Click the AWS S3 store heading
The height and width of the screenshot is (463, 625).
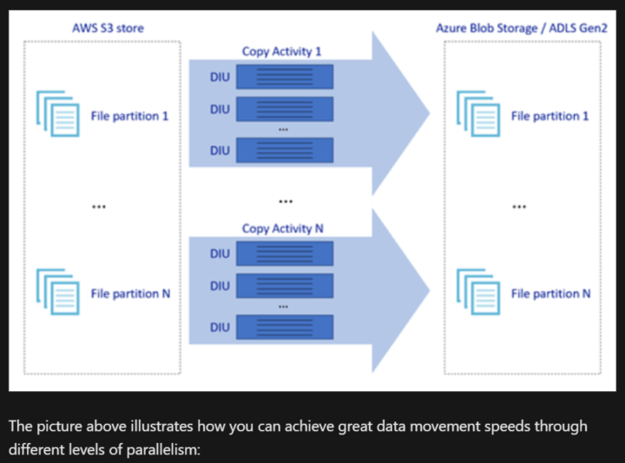[x=108, y=28]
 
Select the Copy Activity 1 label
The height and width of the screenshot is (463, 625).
[x=281, y=51]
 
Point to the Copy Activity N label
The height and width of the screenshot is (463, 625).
[x=282, y=228]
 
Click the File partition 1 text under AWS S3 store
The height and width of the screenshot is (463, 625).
[x=129, y=115]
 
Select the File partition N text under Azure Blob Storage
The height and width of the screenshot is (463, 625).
[x=550, y=293]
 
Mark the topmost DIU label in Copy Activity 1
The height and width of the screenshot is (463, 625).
[x=220, y=78]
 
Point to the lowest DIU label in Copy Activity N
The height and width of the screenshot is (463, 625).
[x=220, y=327]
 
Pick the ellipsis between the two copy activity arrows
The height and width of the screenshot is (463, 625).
[x=285, y=202]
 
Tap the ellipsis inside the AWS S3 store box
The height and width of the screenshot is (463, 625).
[x=98, y=206]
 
